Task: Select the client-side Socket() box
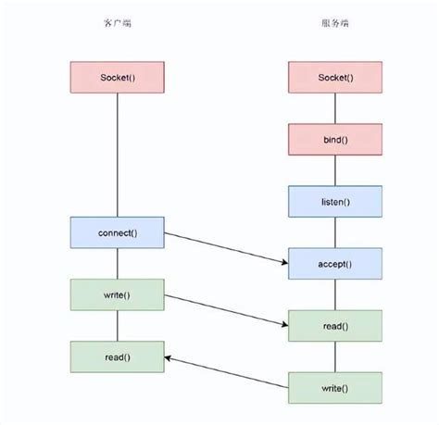click(x=117, y=76)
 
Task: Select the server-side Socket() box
click(x=334, y=76)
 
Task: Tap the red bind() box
click(x=334, y=139)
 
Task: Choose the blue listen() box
click(x=334, y=201)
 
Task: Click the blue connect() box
click(x=117, y=231)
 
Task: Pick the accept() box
click(x=334, y=263)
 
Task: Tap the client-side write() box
click(x=117, y=294)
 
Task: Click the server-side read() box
click(x=334, y=325)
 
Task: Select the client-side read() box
click(x=117, y=356)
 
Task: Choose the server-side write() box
click(x=334, y=387)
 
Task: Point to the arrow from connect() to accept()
click(x=226, y=247)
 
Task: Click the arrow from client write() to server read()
click(x=226, y=310)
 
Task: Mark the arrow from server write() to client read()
click(x=226, y=370)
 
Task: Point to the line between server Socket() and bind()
click(x=334, y=107)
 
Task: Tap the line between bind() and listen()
click(x=334, y=169)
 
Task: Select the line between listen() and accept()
click(x=334, y=231)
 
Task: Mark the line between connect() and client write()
click(x=117, y=263)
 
